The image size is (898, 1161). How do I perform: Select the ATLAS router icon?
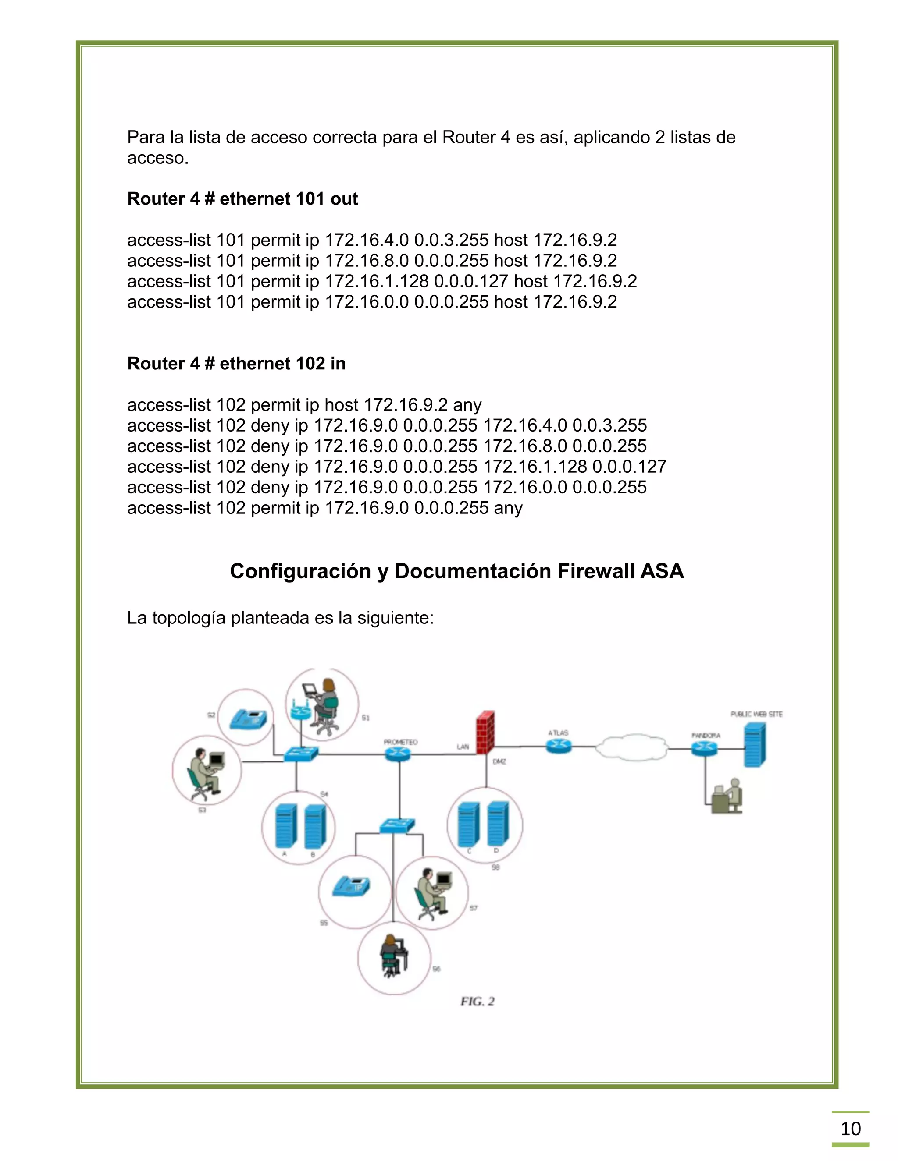tap(558, 747)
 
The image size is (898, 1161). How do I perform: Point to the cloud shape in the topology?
tap(631, 747)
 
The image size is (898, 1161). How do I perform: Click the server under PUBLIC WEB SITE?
tap(754, 744)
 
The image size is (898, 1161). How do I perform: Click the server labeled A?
tap(286, 825)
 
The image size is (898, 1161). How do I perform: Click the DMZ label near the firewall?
tap(499, 762)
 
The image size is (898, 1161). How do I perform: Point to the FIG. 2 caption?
tap(477, 1002)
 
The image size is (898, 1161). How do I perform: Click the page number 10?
tap(850, 1128)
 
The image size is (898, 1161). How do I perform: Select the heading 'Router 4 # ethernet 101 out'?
tap(242, 199)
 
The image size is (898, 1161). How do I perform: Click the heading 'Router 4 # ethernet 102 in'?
tap(236, 364)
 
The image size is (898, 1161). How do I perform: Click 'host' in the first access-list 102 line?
tap(341, 405)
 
